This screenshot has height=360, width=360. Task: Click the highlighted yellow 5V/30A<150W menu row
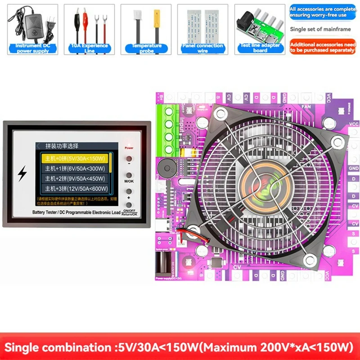pyautogui.click(x=74, y=158)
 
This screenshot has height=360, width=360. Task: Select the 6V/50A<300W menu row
pyautogui.click(x=74, y=169)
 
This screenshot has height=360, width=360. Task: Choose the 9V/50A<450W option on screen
pyautogui.click(x=74, y=179)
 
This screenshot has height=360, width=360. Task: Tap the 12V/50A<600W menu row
pyautogui.click(x=74, y=189)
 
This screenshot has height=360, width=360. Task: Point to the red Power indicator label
pyautogui.click(x=129, y=148)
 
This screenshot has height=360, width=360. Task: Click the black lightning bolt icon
pyautogui.click(x=22, y=174)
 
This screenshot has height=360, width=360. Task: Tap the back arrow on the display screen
pyautogui.click(x=38, y=146)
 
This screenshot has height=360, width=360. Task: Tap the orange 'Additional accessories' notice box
pyautogui.click(x=322, y=47)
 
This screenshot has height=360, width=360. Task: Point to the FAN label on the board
pyautogui.click(x=306, y=107)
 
